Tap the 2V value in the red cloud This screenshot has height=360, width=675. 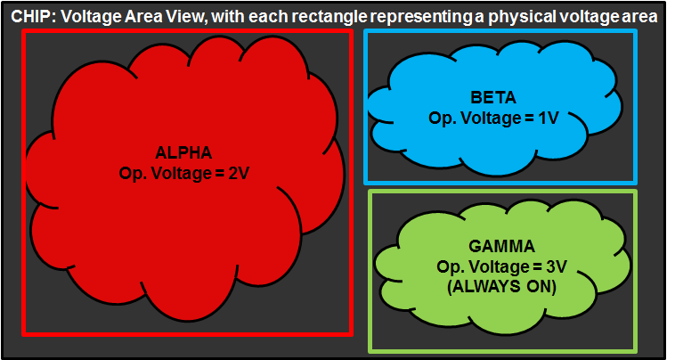click(x=237, y=173)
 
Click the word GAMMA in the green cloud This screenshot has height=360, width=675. click(x=501, y=247)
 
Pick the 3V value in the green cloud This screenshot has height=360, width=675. click(x=555, y=266)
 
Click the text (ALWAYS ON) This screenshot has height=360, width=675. click(x=502, y=287)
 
